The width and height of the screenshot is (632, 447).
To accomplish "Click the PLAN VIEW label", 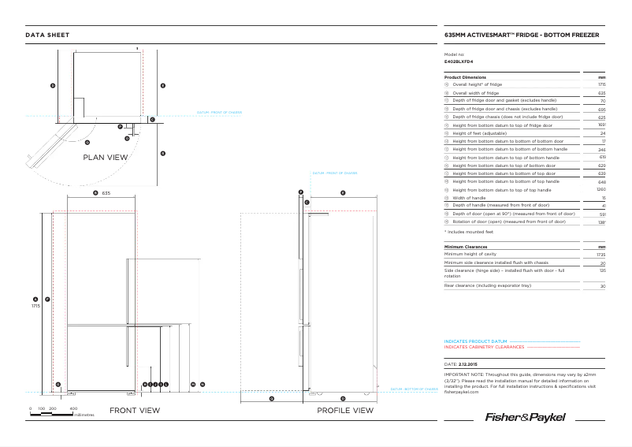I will click(106, 158).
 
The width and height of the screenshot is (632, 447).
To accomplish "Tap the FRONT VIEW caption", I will click(134, 410).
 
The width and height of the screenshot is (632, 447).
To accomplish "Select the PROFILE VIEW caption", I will click(344, 410).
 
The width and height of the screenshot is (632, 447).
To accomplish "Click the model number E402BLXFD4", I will click(459, 61).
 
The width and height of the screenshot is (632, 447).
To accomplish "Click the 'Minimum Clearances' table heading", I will click(467, 247).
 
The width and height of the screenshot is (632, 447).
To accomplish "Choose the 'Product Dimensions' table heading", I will click(465, 76).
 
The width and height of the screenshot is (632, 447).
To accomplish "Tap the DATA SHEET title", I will click(47, 35).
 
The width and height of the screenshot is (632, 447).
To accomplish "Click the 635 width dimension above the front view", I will click(106, 192).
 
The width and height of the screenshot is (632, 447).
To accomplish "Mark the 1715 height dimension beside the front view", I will click(35, 305).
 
